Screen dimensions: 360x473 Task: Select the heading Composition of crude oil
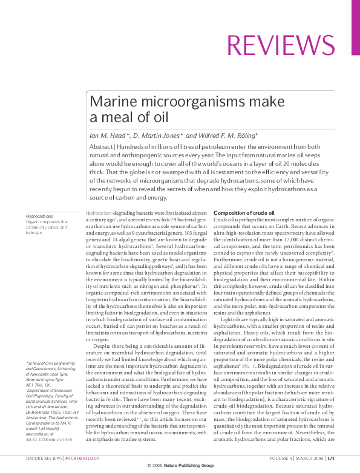244,213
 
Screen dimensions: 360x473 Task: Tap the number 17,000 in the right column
290,239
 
